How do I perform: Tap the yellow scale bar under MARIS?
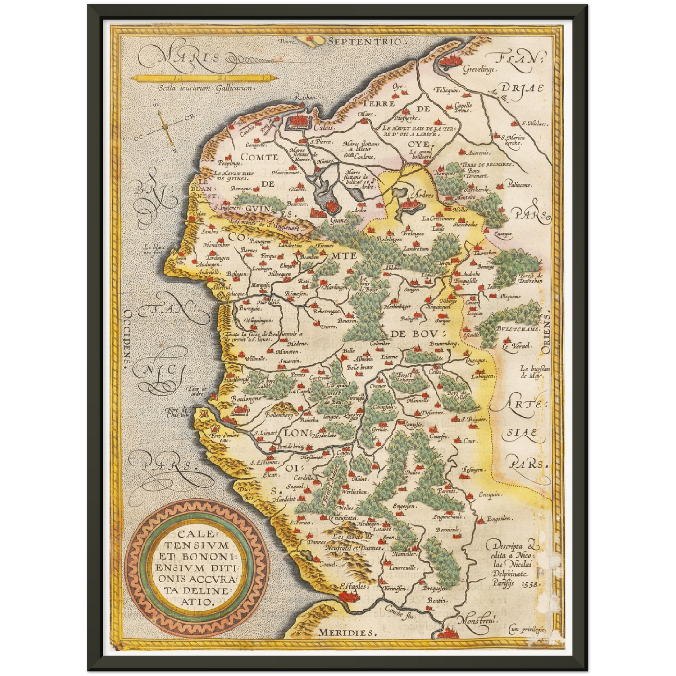204,78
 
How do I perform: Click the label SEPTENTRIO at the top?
365,42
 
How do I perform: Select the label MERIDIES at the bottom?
346,632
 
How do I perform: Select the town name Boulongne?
246,399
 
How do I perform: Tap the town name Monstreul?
477,621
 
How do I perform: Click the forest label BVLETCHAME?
518,329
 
